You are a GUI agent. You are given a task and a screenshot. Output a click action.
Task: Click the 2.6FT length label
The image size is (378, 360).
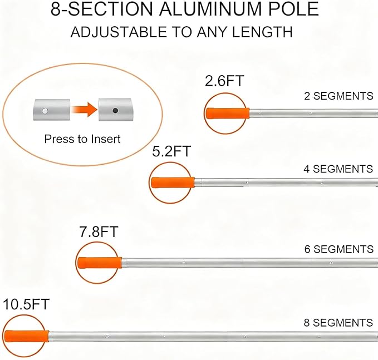click(x=224, y=81)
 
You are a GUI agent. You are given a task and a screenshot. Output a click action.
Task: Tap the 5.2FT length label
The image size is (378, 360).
click(x=171, y=151)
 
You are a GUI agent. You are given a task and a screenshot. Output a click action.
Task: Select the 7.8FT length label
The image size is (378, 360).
click(x=99, y=231)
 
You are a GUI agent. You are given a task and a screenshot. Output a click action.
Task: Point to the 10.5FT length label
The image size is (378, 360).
click(x=26, y=304)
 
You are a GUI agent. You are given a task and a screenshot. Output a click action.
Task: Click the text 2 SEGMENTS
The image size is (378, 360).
click(x=338, y=96)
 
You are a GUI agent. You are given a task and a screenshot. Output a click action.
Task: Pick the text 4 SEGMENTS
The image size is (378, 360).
click(x=338, y=169)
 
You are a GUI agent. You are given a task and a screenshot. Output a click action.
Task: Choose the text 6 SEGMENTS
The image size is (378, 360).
click(x=339, y=249)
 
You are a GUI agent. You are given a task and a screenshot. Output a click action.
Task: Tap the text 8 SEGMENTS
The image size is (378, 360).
click(x=338, y=323)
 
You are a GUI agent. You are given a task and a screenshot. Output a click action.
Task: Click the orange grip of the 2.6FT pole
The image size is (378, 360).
click(x=228, y=113)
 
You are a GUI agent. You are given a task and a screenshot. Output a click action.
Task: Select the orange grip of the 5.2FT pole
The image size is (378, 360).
click(x=173, y=183)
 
